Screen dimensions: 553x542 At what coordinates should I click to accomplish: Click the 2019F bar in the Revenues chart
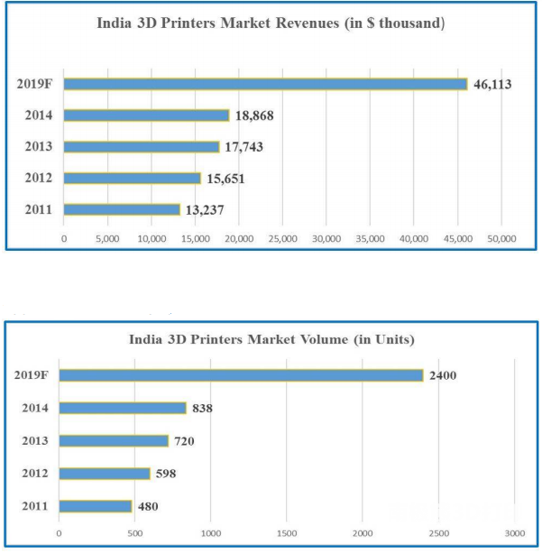coord(265,84)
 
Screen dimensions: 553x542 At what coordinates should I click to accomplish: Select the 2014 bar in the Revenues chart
coord(146,115)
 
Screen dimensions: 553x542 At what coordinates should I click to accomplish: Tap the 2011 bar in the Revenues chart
coord(122,209)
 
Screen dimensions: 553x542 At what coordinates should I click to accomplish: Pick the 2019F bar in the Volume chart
coord(241,375)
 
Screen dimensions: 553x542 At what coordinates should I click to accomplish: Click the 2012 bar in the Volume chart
coord(105,474)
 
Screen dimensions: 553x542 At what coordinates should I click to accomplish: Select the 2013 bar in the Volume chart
coord(114,441)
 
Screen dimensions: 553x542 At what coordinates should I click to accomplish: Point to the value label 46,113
coord(495,84)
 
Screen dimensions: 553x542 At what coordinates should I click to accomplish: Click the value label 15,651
coord(225,179)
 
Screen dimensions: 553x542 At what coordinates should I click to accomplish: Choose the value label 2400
coord(444,375)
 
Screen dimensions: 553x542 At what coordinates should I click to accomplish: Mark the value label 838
coord(204,408)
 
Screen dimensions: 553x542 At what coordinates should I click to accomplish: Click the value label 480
coord(149,506)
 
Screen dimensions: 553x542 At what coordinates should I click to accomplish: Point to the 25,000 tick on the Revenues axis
coord(282,239)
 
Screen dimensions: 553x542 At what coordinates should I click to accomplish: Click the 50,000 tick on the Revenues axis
coord(501,239)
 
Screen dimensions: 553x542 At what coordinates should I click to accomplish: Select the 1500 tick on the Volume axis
coord(287,534)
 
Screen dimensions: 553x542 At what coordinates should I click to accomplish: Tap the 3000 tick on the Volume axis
coord(514,534)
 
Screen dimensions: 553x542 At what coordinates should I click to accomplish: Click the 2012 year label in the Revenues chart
coord(38,179)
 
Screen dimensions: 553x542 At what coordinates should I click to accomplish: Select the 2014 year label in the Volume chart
coord(37,408)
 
